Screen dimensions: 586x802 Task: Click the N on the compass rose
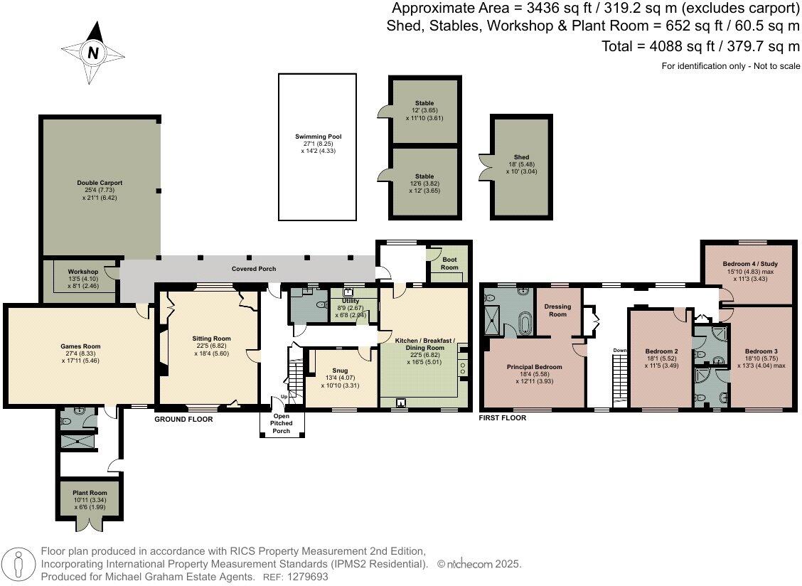(92, 53)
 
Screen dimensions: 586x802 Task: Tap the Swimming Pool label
(316, 137)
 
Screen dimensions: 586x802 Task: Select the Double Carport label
(100, 183)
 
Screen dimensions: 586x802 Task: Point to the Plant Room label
(90, 492)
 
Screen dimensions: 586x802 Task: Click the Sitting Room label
(212, 339)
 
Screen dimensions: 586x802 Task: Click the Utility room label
(351, 302)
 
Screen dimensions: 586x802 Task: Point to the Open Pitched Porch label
(282, 420)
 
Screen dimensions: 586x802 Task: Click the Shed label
(521, 157)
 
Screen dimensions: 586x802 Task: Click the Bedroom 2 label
(661, 351)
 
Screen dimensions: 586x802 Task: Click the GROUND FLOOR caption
(183, 420)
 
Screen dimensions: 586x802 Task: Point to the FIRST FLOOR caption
(503, 418)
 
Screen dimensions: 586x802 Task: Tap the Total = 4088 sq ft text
(700, 46)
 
